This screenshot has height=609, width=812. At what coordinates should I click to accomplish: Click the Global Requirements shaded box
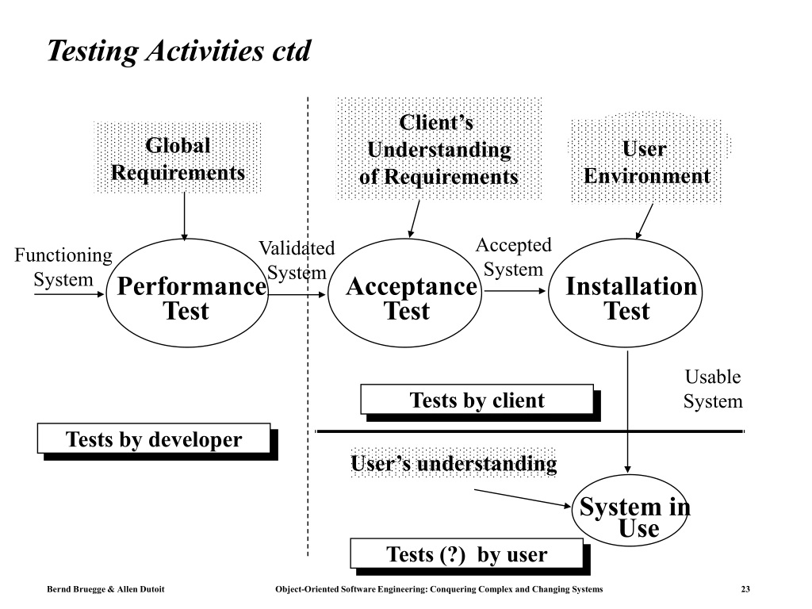[x=178, y=158]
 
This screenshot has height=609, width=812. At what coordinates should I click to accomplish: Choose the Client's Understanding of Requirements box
[x=439, y=148]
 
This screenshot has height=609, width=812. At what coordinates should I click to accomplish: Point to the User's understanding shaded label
[x=454, y=463]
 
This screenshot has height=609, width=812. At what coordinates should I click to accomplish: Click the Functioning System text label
[x=63, y=267]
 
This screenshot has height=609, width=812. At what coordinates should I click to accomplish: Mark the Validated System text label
[x=297, y=260]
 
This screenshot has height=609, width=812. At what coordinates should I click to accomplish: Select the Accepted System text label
[x=514, y=257]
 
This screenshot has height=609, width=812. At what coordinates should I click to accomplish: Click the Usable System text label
[x=713, y=389]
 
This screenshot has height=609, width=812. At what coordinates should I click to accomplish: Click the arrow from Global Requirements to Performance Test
[x=184, y=216]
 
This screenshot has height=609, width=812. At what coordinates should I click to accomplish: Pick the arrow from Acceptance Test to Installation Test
[x=515, y=291]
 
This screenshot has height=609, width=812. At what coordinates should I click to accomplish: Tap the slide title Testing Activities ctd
[x=179, y=51]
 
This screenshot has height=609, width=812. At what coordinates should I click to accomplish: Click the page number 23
[x=745, y=589]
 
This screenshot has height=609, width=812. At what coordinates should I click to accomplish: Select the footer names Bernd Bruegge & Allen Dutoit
[x=105, y=589]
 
